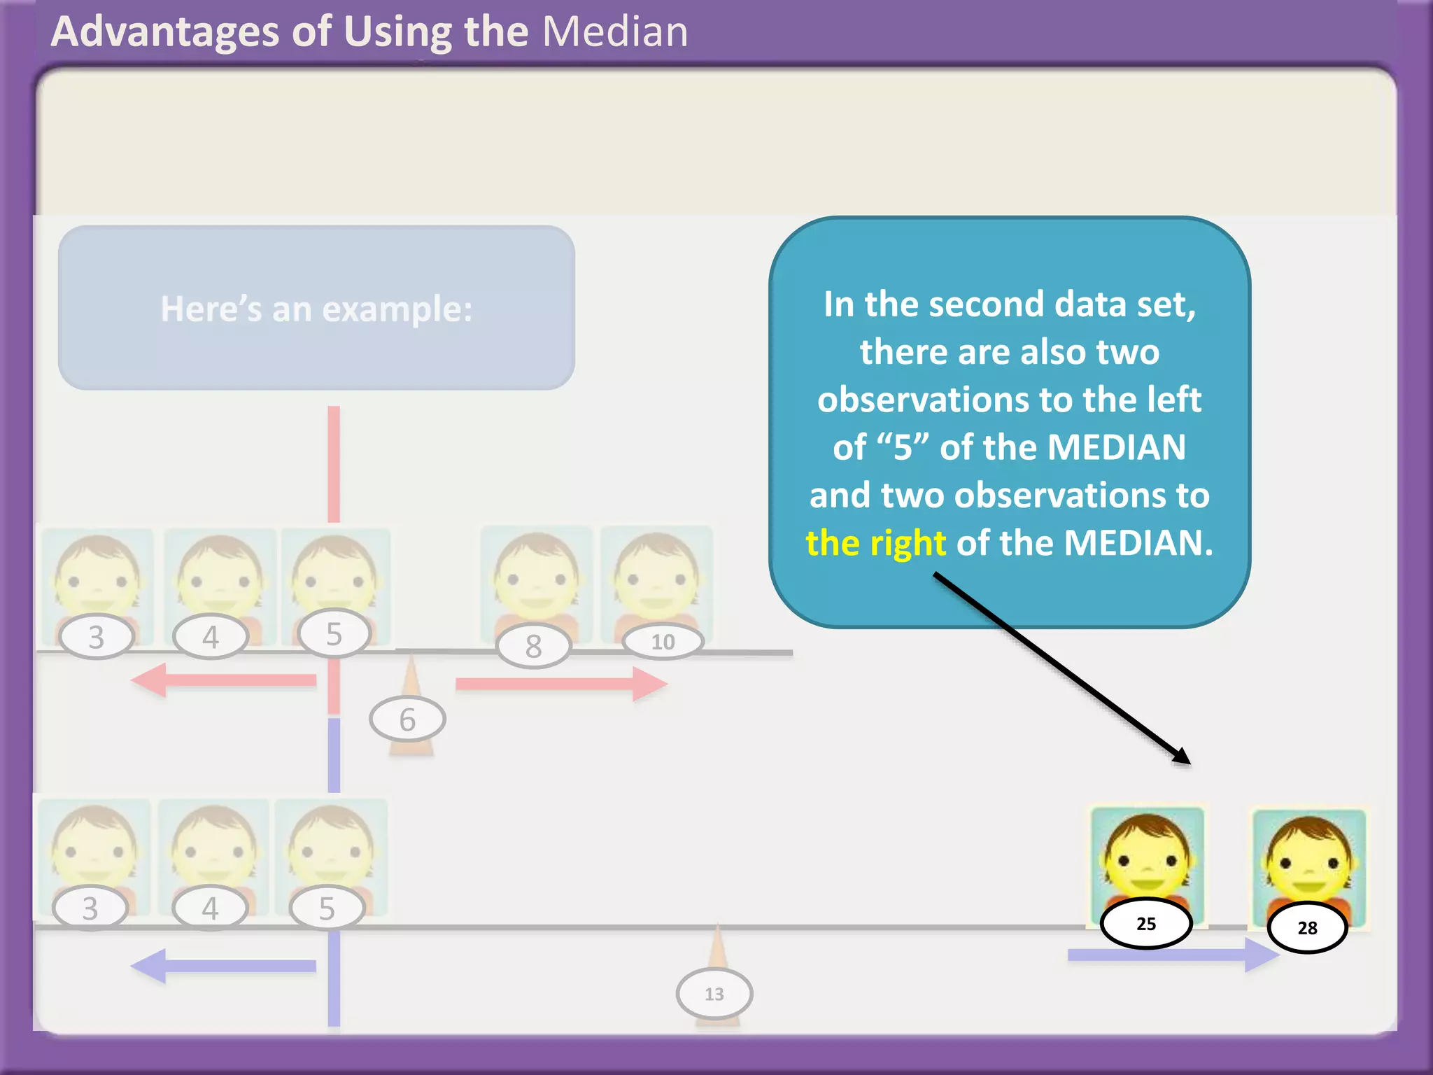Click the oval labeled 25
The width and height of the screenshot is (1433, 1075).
pyautogui.click(x=1146, y=924)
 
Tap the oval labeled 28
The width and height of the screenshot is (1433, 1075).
pyautogui.click(x=1307, y=928)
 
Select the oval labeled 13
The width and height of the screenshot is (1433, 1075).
pyautogui.click(x=714, y=994)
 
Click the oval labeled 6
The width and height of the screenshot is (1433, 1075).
pyautogui.click(x=407, y=719)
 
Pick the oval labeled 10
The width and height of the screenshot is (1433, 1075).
pyautogui.click(x=663, y=642)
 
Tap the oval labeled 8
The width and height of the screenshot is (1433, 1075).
pyautogui.click(x=533, y=646)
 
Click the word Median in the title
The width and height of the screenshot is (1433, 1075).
pyautogui.click(x=615, y=32)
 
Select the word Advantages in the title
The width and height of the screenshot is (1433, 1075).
pyautogui.click(x=165, y=32)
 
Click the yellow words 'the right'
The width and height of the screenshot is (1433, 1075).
pyautogui.click(x=875, y=543)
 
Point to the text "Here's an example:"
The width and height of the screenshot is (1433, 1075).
pyautogui.click(x=316, y=309)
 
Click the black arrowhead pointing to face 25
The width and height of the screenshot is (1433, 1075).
pyautogui.click(x=1182, y=757)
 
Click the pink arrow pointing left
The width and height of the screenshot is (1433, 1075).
pyautogui.click(x=224, y=680)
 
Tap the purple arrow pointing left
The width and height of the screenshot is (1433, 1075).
pyautogui.click(x=224, y=966)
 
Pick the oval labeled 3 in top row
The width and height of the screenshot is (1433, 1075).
pyautogui.click(x=97, y=637)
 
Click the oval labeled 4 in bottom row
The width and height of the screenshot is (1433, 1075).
pyautogui.click(x=210, y=908)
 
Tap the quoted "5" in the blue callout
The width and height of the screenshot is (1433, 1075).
pyautogui.click(x=903, y=447)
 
